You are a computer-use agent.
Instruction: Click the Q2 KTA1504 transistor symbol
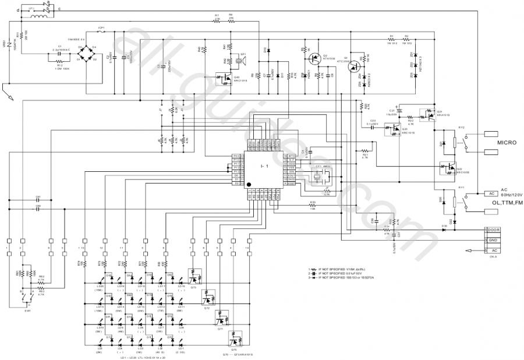[315, 58]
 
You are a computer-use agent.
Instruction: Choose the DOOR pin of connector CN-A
[492, 230]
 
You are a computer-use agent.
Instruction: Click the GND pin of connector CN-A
[492, 239]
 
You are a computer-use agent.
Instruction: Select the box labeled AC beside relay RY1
[491, 193]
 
